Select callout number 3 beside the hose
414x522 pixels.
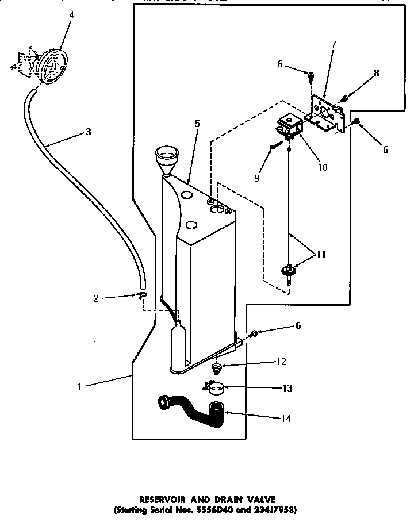[88, 132]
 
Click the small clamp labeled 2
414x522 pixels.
[141, 295]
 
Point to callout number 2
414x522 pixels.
[96, 298]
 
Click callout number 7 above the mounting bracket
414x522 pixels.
[333, 44]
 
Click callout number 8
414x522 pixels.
[377, 73]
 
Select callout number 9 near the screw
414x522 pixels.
[256, 178]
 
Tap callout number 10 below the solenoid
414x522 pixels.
[322, 167]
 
